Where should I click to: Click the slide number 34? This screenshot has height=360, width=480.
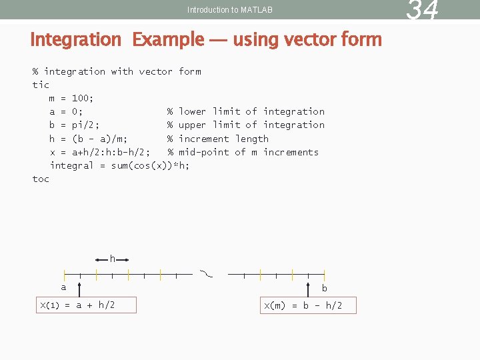click(423, 10)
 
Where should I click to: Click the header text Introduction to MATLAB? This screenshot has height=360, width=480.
click(230, 10)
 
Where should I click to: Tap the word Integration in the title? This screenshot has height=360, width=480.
click(75, 40)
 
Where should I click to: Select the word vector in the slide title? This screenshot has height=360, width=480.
click(283, 40)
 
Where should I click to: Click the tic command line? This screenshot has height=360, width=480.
click(41, 85)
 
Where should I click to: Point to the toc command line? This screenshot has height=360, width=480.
click(41, 179)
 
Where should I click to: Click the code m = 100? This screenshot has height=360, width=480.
click(72, 98)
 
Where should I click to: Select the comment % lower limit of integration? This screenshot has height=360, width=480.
click(246, 111)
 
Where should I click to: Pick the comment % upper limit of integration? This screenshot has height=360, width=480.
click(246, 125)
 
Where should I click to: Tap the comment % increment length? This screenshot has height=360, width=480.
click(218, 139)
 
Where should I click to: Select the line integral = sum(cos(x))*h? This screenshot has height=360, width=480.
click(120, 165)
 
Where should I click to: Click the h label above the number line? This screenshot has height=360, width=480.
click(113, 259)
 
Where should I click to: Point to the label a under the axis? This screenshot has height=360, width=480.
click(64, 287)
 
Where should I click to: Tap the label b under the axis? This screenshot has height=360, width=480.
click(325, 289)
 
